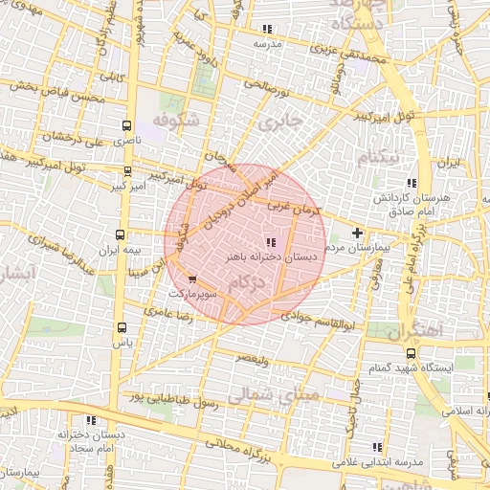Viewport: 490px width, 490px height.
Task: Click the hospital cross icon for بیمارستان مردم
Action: [x=358, y=233]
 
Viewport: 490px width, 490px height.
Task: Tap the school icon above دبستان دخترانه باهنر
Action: [x=270, y=242]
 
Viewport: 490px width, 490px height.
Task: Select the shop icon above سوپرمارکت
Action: [x=192, y=279]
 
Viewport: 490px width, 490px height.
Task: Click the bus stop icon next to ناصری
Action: [x=127, y=125]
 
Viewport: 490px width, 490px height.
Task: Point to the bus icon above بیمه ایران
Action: [x=120, y=234]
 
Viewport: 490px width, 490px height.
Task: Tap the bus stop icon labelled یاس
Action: [x=120, y=325]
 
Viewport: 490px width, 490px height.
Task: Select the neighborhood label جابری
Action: [x=279, y=123]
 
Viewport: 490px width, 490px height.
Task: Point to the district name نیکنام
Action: [x=376, y=156]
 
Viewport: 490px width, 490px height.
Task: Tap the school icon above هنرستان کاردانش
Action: [x=412, y=183]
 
